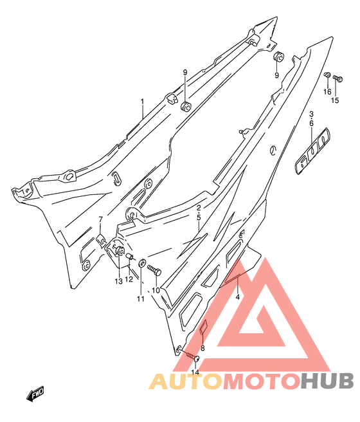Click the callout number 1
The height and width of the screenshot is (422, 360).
[142, 102]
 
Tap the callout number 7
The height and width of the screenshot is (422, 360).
[100, 219]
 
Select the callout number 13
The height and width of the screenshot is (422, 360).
[118, 281]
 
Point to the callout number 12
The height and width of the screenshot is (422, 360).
[129, 279]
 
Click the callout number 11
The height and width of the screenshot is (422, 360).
[141, 298]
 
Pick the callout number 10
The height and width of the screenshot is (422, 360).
[156, 290]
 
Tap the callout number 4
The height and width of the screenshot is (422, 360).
[238, 297]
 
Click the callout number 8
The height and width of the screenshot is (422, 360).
[203, 348]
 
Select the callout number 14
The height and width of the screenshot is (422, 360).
[195, 372]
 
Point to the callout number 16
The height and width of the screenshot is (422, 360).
[327, 92]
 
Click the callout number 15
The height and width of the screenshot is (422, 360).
[335, 100]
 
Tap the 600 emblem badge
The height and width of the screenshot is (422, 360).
[312, 151]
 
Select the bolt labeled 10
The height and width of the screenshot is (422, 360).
[154, 270]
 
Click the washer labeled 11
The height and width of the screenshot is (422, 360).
[142, 262]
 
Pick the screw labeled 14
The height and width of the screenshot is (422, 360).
[192, 357]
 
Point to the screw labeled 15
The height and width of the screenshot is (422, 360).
[338, 78]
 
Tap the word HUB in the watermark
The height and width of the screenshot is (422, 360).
[327, 381]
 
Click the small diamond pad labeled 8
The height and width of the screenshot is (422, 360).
[204, 326]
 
